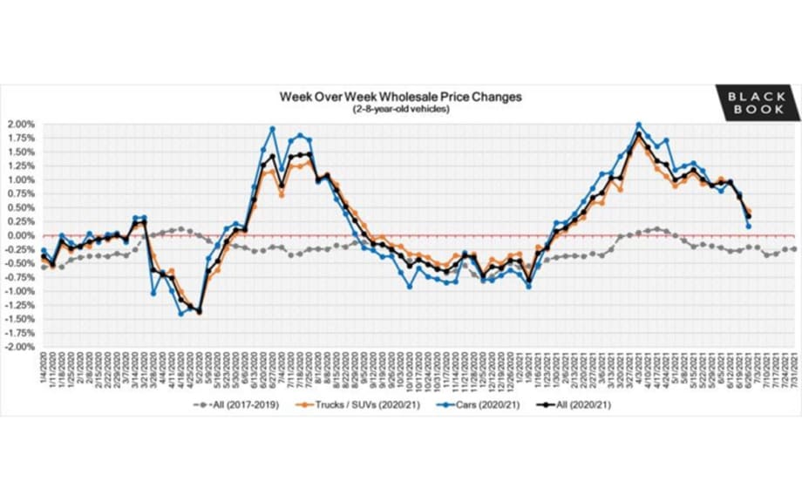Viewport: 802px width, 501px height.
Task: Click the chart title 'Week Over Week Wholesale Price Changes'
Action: pos(400,97)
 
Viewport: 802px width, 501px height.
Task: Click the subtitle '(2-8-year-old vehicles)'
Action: pos(400,109)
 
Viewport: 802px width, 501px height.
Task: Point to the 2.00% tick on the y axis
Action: pos(22,124)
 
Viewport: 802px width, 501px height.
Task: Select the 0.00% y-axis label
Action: pos(22,235)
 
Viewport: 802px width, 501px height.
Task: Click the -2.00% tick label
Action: pos(21,347)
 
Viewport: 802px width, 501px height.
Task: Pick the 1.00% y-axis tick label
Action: pos(22,179)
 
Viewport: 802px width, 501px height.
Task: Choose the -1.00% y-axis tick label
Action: pos(21,291)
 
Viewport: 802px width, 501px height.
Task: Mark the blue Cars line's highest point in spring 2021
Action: pos(639,125)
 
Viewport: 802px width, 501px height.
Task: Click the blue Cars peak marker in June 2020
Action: pos(272,129)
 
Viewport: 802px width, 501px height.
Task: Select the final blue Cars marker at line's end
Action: pos(749,227)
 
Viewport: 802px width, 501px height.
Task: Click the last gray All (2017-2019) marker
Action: pos(793,249)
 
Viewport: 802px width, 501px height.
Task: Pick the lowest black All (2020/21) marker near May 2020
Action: pos(199,311)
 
